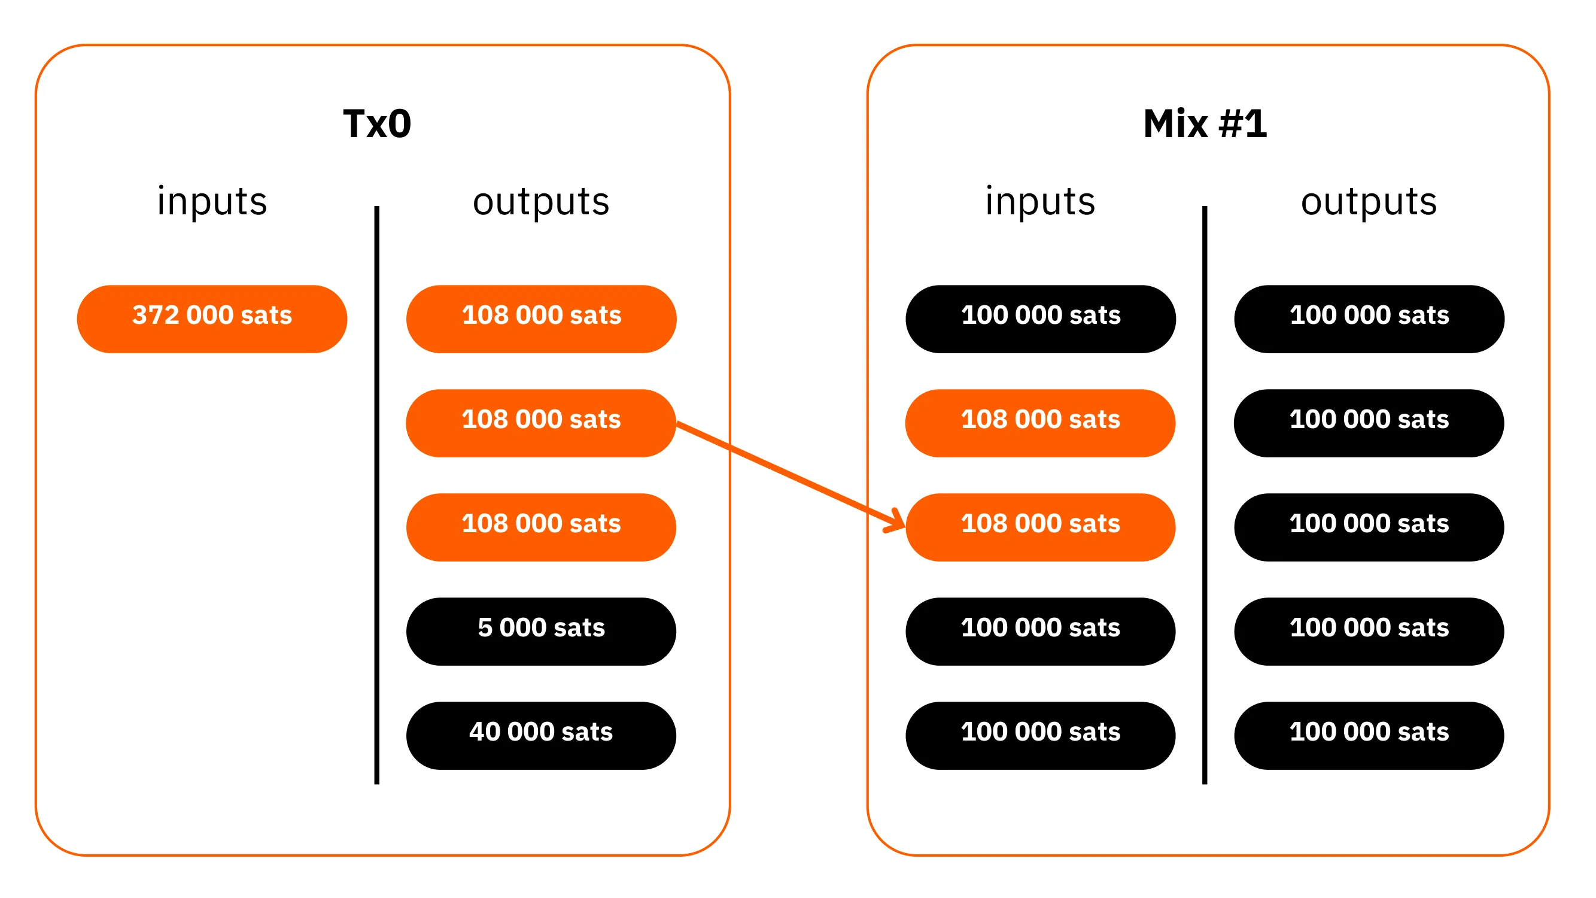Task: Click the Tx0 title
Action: (376, 123)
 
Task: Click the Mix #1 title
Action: (1205, 123)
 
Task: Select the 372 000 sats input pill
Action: (212, 318)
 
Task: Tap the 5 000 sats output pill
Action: (541, 631)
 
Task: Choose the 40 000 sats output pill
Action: (541, 735)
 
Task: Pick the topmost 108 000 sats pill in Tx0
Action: (541, 318)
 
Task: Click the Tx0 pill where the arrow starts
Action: (541, 423)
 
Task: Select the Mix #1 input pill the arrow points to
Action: (1040, 527)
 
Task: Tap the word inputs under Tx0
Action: (212, 201)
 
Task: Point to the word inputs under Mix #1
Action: (1040, 201)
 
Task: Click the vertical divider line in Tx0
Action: (376, 494)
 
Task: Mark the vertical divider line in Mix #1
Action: (1205, 494)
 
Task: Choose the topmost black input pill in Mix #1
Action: (1040, 318)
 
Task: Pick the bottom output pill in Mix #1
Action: (1369, 735)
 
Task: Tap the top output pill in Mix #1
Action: (1369, 318)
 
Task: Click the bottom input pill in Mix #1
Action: (1040, 735)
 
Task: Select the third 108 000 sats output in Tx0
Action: (541, 527)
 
